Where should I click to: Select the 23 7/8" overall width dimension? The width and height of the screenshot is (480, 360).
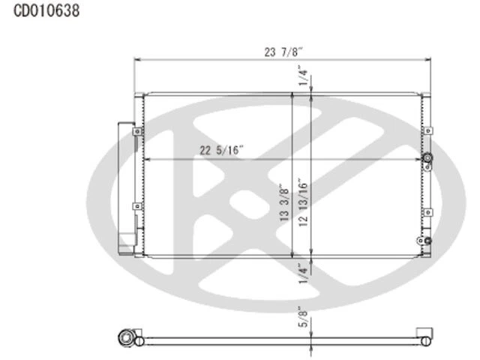pyautogui.click(x=283, y=52)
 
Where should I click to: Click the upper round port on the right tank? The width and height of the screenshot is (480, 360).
pyautogui.click(x=428, y=159)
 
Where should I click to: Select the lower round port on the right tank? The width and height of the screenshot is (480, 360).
pyautogui.click(x=428, y=241)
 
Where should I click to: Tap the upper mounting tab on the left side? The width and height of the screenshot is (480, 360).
pyautogui.click(x=136, y=132)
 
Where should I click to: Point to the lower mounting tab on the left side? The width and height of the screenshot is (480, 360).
pyautogui.click(x=136, y=205)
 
